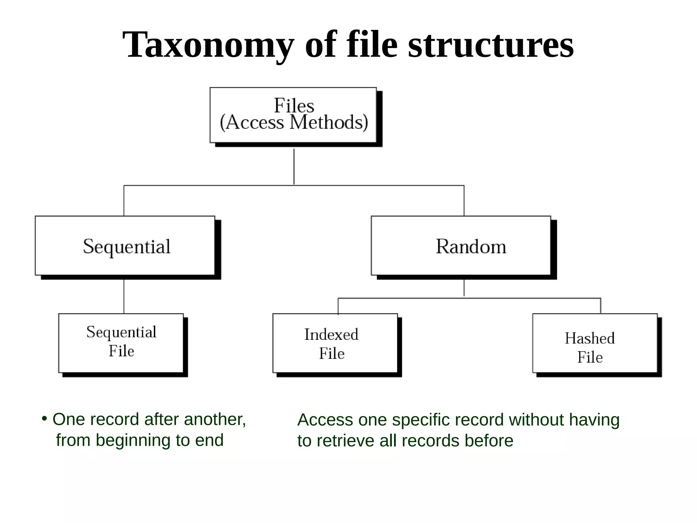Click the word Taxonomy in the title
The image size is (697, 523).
(x=208, y=45)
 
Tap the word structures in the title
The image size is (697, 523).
(x=491, y=45)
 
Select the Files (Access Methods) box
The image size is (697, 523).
(x=293, y=115)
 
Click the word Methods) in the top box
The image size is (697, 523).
(x=328, y=123)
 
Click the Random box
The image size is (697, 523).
(x=461, y=246)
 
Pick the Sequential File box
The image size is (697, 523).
(x=121, y=343)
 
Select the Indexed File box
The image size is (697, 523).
(x=335, y=343)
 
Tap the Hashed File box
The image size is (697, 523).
(x=595, y=343)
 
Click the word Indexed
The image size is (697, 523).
(x=331, y=334)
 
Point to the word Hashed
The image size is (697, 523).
(x=590, y=338)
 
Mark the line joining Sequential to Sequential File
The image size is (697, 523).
(x=124, y=296)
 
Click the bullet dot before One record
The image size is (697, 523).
(x=44, y=419)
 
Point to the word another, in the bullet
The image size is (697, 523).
(x=215, y=419)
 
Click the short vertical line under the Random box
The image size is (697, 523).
(x=464, y=288)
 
